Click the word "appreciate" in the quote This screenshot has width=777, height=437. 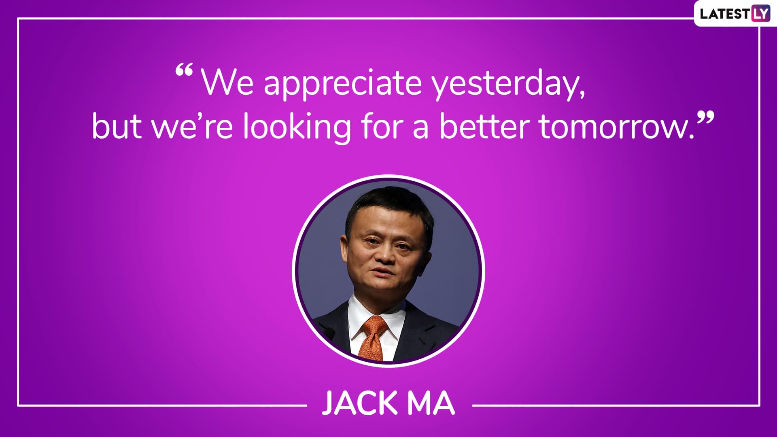tap(343, 84)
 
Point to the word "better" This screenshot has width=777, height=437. tap(485, 126)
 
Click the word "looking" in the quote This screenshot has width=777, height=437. tap(297, 127)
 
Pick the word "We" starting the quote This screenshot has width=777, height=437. tap(228, 83)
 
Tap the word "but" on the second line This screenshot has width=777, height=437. tap(117, 126)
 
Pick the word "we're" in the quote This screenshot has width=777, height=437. tap(192, 127)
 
